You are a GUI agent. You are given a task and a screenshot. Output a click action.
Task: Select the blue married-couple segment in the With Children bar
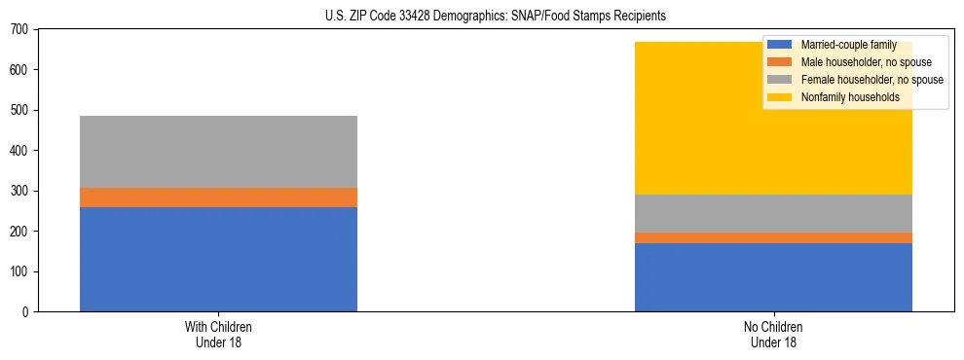click(x=218, y=259)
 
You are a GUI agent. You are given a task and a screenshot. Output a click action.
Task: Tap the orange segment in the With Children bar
click(x=218, y=197)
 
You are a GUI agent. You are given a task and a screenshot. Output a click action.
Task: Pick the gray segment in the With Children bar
click(x=218, y=151)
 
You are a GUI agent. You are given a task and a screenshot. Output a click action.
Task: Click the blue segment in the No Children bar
click(x=773, y=277)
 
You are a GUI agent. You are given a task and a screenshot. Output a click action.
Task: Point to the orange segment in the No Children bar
click(x=773, y=237)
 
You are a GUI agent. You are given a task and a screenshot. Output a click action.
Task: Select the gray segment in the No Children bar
click(x=773, y=213)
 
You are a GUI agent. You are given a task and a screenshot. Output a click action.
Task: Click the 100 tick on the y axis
click(x=22, y=271)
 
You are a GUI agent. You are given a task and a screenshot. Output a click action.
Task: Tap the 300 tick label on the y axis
click(x=22, y=191)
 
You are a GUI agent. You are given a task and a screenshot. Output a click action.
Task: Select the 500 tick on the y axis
click(x=22, y=110)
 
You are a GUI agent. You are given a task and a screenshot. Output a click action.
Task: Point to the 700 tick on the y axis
click(x=22, y=29)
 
